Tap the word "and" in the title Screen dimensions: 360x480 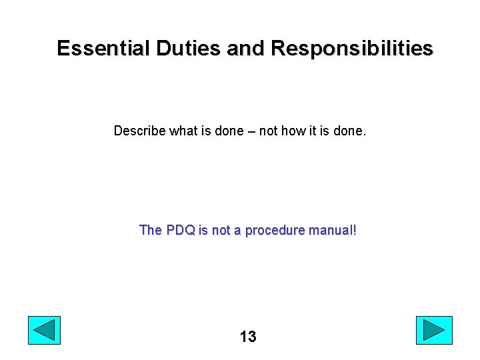(x=246, y=49)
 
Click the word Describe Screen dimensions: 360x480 (x=139, y=131)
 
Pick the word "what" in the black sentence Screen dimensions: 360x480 (x=183, y=131)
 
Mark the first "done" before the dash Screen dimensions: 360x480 (x=229, y=131)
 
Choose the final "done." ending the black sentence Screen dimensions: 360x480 (x=350, y=131)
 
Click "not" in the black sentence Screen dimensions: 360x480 (x=268, y=131)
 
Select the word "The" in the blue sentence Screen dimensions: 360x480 (x=151, y=231)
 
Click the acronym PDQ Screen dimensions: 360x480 (x=181, y=231)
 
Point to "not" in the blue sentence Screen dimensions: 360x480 (x=221, y=231)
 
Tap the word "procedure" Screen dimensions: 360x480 (x=273, y=231)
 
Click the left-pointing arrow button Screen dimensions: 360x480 (x=44, y=331)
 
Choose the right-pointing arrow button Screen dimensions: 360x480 (x=434, y=331)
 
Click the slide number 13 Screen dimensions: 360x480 (x=248, y=337)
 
